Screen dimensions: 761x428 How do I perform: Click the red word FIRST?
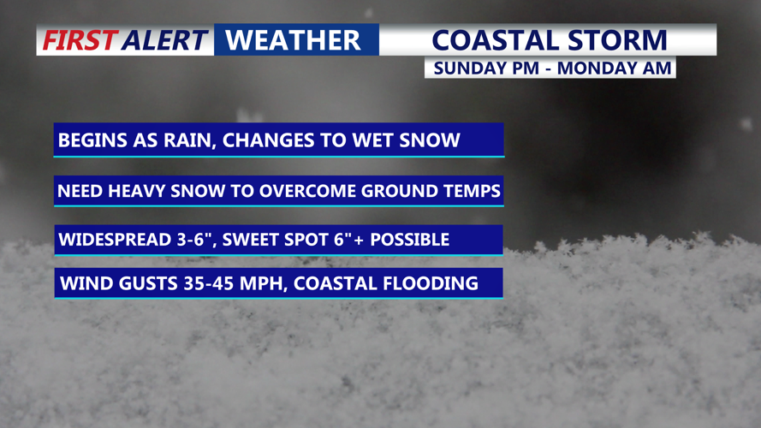80,40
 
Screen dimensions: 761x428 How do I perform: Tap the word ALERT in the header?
165,40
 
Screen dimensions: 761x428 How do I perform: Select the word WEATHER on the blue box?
293,40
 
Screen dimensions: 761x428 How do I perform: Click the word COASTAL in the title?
495,40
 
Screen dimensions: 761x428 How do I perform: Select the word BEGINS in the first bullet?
86,140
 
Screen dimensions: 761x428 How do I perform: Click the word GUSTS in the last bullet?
148,283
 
